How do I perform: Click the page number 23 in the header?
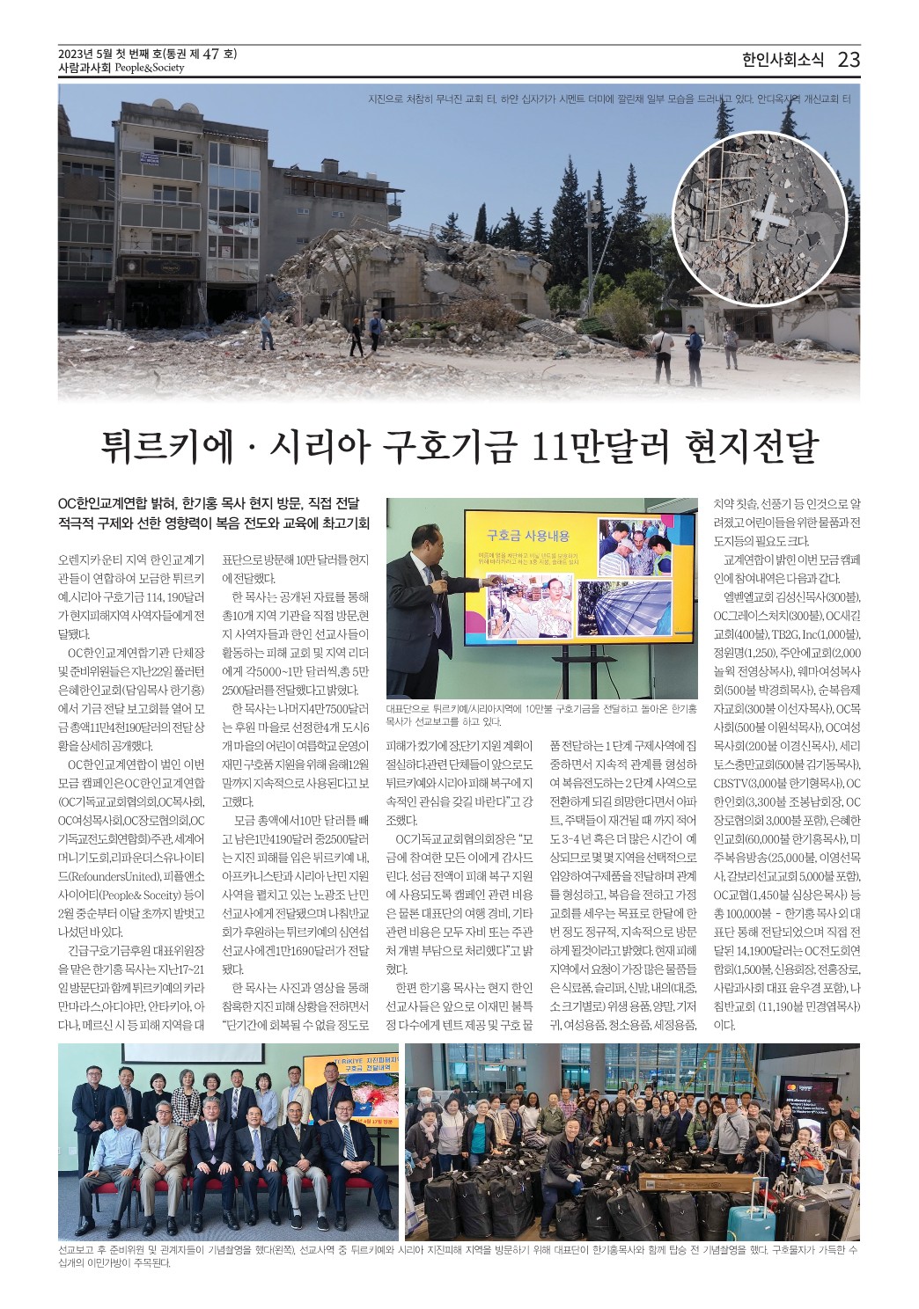(849, 60)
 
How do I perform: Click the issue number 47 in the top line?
(210, 54)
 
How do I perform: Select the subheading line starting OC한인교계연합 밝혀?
(209, 504)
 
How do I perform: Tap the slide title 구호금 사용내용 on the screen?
(528, 535)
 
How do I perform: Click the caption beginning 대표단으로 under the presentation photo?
(541, 714)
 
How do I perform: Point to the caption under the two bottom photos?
(458, 1255)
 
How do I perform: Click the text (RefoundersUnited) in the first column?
(122, 876)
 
